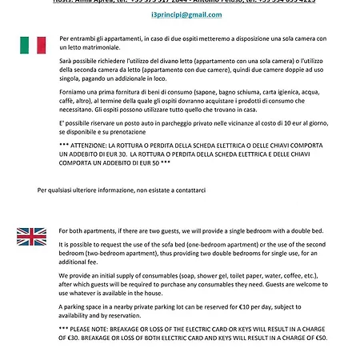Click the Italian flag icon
click(x=33, y=45)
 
